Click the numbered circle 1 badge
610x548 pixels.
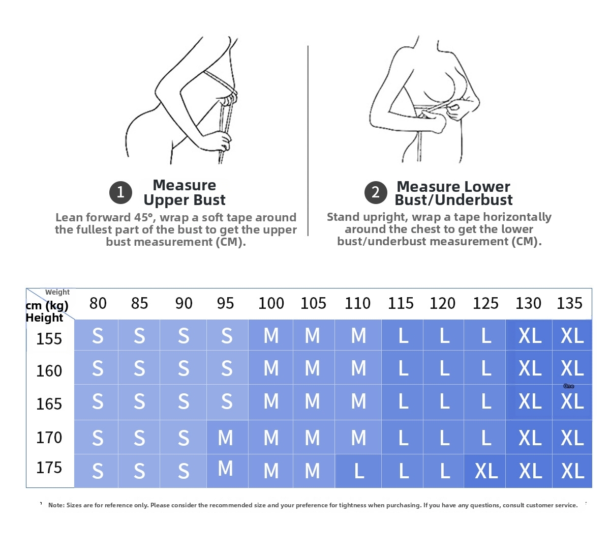(120, 192)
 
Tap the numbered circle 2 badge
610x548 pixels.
(376, 192)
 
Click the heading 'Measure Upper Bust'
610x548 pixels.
(184, 192)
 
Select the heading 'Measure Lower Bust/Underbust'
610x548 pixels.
(453, 193)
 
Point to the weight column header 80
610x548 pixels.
(98, 303)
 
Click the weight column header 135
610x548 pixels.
(569, 303)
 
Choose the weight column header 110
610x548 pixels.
(357, 303)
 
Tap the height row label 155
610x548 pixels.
(49, 338)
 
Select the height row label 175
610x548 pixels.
(49, 468)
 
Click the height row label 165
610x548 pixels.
(49, 403)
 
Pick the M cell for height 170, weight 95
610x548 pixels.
(226, 438)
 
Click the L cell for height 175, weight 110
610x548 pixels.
(358, 471)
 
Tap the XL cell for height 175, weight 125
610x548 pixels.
(486, 471)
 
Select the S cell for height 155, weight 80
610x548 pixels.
(98, 336)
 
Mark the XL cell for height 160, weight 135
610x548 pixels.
(572, 368)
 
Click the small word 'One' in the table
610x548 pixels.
(569, 386)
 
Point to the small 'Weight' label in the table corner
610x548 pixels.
(57, 292)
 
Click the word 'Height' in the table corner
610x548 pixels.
(44, 318)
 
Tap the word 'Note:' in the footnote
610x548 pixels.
(56, 505)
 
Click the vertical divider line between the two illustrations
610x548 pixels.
(308, 141)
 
